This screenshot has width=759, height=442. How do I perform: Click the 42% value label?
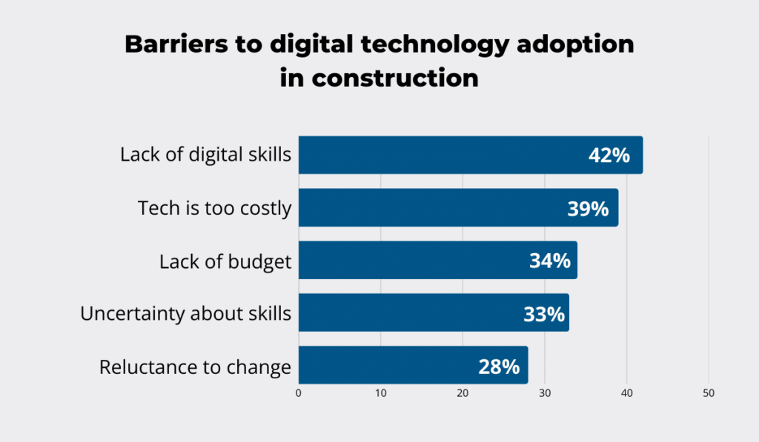tap(609, 155)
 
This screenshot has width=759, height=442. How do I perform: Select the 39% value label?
tap(588, 209)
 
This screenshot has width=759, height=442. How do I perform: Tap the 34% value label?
tap(549, 261)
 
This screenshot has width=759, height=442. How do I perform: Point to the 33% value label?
tap(544, 314)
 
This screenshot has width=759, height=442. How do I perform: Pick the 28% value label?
tap(499, 366)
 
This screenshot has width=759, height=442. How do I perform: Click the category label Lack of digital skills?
tap(205, 155)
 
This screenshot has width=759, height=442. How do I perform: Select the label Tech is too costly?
tap(214, 208)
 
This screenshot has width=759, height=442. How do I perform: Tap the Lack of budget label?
tap(225, 261)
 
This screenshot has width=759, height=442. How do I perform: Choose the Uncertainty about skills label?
tap(185, 314)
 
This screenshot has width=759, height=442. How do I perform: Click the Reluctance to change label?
tap(195, 367)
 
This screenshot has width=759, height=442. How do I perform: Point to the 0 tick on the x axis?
tap(299, 394)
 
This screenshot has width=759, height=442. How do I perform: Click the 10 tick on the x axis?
tap(381, 394)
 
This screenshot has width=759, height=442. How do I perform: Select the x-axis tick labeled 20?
tap(463, 394)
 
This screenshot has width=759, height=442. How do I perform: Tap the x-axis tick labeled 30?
tap(545, 394)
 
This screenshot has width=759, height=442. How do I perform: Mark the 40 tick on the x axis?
tap(627, 394)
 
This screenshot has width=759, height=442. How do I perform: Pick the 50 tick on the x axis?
tap(709, 394)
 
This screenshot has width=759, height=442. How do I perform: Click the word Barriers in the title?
tap(171, 44)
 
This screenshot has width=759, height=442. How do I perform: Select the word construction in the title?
tap(394, 78)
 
